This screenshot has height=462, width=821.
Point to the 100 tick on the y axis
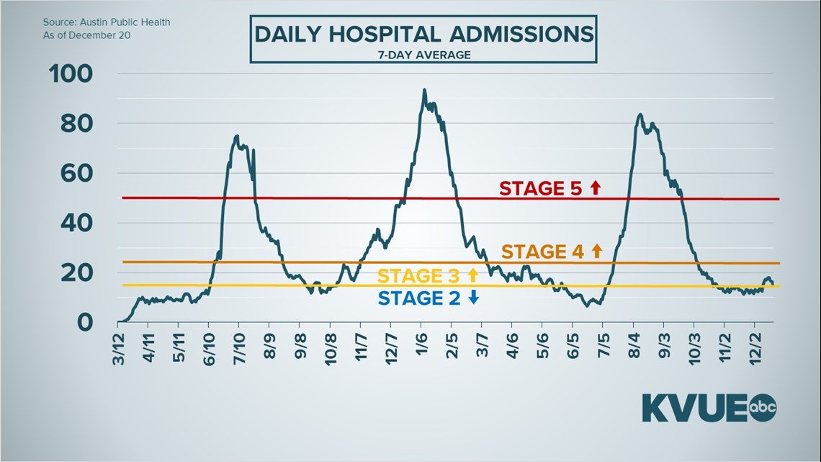(x=70, y=74)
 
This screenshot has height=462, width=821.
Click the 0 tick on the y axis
(x=86, y=321)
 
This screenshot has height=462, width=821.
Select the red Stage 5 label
(x=541, y=189)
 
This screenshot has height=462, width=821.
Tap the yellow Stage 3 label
(x=419, y=275)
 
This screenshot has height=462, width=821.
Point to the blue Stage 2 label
(x=419, y=298)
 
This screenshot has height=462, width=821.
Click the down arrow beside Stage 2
(x=473, y=298)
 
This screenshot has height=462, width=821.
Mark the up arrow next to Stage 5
(x=595, y=188)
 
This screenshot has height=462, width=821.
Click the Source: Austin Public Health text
(x=107, y=22)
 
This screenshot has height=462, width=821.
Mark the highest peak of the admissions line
(x=424, y=90)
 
